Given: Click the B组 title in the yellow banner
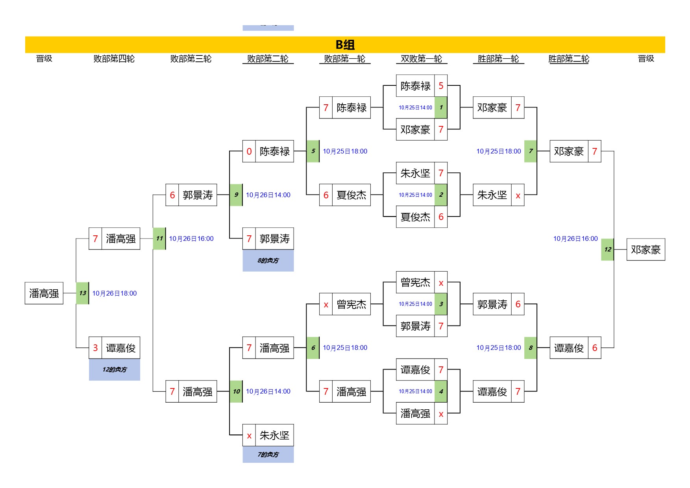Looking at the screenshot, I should pyautogui.click(x=345, y=45).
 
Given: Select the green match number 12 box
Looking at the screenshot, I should pyautogui.click(x=607, y=250).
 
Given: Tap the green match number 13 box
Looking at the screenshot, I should pyautogui.click(x=82, y=293).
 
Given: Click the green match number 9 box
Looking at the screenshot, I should pyautogui.click(x=236, y=195).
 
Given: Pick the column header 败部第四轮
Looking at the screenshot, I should pyautogui.click(x=114, y=59).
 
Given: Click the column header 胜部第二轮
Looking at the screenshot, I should pyautogui.click(x=568, y=59).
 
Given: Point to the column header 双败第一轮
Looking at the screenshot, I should pyautogui.click(x=421, y=59).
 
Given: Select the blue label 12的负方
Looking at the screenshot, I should pyautogui.click(x=115, y=370).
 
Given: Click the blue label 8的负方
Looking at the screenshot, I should pyautogui.click(x=268, y=261).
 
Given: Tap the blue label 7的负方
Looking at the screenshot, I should pyautogui.click(x=268, y=455).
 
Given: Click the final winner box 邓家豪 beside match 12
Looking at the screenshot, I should pyautogui.click(x=646, y=250).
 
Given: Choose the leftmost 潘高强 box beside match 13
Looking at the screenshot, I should pyautogui.click(x=44, y=293).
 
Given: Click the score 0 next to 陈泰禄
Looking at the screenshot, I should pyautogui.click(x=249, y=151).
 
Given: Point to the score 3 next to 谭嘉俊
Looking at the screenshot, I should pyautogui.click(x=95, y=348).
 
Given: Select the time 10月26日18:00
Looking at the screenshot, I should pyautogui.click(x=115, y=293).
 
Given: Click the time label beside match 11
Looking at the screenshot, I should pyautogui.click(x=191, y=238).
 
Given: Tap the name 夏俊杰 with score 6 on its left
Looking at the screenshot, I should pyautogui.click(x=351, y=195).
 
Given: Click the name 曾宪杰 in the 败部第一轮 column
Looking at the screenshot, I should pyautogui.click(x=351, y=304).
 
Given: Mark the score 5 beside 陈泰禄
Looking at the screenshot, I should pyautogui.click(x=441, y=86).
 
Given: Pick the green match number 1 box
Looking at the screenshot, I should pyautogui.click(x=441, y=107).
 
